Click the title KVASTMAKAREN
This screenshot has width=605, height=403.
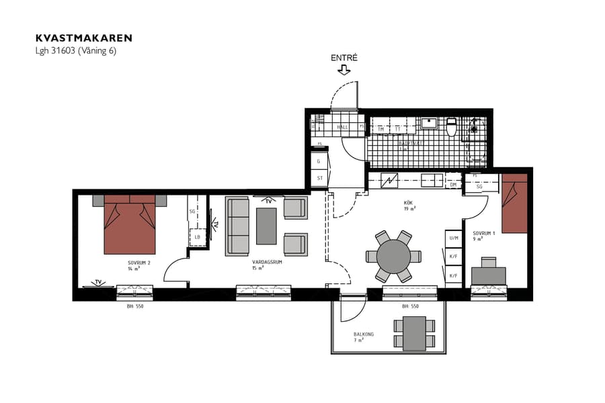coord(84,38)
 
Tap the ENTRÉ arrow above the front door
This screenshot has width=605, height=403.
coord(344,69)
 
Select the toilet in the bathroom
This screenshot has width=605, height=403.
coord(452,126)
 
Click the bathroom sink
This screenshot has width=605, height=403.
coord(428,123)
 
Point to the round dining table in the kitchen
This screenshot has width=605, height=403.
coord(393,256)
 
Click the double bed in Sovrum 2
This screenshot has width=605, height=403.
coord(130,225)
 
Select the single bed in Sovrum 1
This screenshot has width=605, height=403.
coord(514,204)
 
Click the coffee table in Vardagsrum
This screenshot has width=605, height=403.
coord(266,226)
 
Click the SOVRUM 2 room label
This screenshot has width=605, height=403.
coord(138,263)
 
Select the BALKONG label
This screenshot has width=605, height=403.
coord(364,334)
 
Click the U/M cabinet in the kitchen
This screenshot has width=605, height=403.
coord(453,238)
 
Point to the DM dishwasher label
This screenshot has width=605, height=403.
coord(453,185)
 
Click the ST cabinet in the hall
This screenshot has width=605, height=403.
coord(319,178)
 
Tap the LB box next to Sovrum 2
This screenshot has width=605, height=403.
coord(198,237)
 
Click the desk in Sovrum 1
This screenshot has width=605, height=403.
coord(489,275)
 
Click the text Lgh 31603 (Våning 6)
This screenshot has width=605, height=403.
coord(75,51)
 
